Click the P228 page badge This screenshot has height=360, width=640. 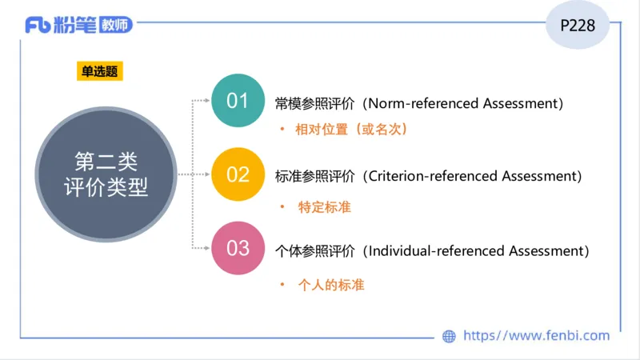coord(578,26)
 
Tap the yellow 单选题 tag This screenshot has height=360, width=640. coord(99,71)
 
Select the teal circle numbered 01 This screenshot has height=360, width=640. coord(238,101)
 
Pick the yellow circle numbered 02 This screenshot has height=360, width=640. coord(238,174)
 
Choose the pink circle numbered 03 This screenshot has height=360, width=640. coord(238,248)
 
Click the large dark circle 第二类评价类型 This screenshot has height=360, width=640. coord(106,174)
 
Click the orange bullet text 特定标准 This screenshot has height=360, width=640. coord(324,207)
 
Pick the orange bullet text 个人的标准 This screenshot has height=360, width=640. coord(331,284)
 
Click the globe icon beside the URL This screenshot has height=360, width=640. coord(449,337)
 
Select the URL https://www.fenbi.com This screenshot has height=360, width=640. coord(536,336)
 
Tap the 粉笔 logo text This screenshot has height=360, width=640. coord(75,26)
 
